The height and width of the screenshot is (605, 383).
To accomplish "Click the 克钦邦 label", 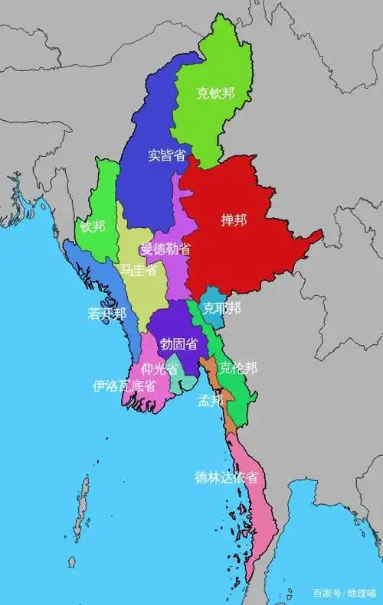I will click(x=215, y=94).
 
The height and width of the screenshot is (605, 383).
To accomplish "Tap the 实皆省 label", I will click(x=167, y=155).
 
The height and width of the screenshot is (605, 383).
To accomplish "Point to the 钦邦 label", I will click(x=92, y=227).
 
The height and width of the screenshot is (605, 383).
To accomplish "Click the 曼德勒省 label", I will click(x=165, y=249).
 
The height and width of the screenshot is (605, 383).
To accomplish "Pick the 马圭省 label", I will click(x=139, y=269).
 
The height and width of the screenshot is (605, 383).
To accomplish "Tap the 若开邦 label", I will click(x=106, y=314).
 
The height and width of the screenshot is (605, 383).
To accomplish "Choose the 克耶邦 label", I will click(x=221, y=308).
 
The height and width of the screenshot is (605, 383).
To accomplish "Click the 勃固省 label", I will click(x=178, y=344).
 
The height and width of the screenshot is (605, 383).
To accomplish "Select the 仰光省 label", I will click(x=159, y=369).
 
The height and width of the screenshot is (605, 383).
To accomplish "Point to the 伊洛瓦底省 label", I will click(x=123, y=386).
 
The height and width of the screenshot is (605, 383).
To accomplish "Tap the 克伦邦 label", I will click(x=238, y=368).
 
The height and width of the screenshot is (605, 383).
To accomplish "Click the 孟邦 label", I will click(x=211, y=400).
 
